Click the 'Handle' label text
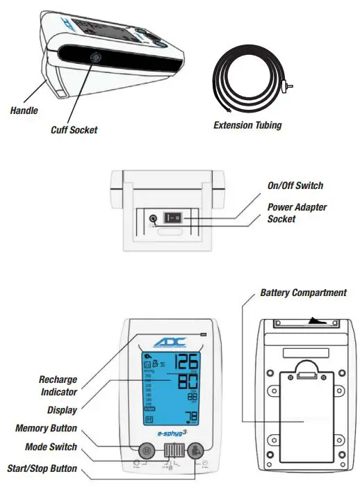point(24,110)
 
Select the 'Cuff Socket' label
point(74,129)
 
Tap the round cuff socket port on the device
point(95,58)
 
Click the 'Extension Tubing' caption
point(247,126)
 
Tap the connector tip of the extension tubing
point(286,86)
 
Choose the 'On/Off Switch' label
point(295,186)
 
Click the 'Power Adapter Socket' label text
point(297,213)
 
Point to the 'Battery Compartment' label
point(303,293)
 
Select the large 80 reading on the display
point(186,383)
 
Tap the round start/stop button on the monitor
point(195,450)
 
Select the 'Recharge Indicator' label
point(58,385)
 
